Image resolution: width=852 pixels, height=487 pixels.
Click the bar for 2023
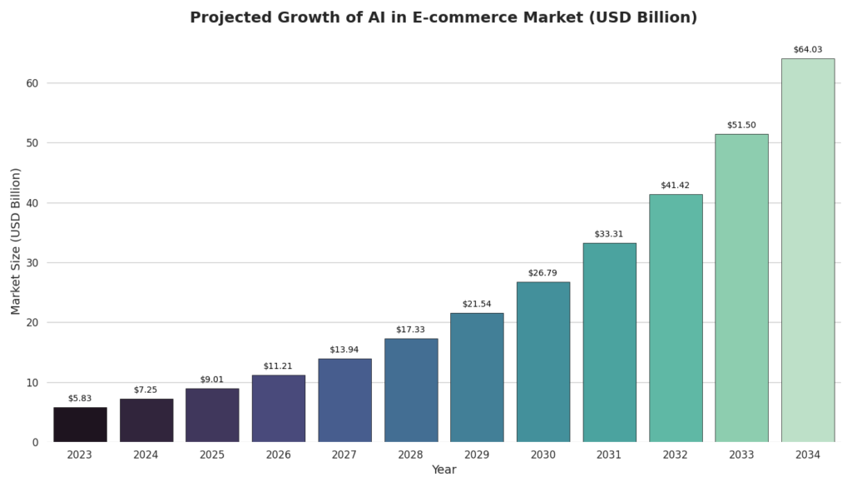point(80,425)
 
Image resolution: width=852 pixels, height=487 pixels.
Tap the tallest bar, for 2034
point(807,250)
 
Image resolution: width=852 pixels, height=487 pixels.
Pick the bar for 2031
point(609,342)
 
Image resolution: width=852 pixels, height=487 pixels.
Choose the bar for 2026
point(278,408)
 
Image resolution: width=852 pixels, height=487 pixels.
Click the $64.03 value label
point(807,50)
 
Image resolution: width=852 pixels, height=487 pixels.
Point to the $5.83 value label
point(80,399)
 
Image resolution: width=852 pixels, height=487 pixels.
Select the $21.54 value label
point(477,304)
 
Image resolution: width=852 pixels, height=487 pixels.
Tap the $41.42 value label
point(675,186)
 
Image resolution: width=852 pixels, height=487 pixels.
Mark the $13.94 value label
point(344,350)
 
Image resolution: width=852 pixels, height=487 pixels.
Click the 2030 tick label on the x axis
point(542,455)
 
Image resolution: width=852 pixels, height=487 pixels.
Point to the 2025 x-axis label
point(212,455)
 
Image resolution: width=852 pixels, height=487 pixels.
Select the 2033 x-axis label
point(741,455)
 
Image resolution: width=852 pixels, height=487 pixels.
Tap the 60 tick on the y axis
point(31,83)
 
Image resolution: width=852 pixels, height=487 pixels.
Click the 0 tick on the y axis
point(35,442)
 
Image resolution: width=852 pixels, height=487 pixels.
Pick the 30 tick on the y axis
point(31,263)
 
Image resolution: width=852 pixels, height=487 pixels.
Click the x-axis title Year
point(443,470)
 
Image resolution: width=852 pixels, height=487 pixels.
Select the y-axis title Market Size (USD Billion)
point(16,241)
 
